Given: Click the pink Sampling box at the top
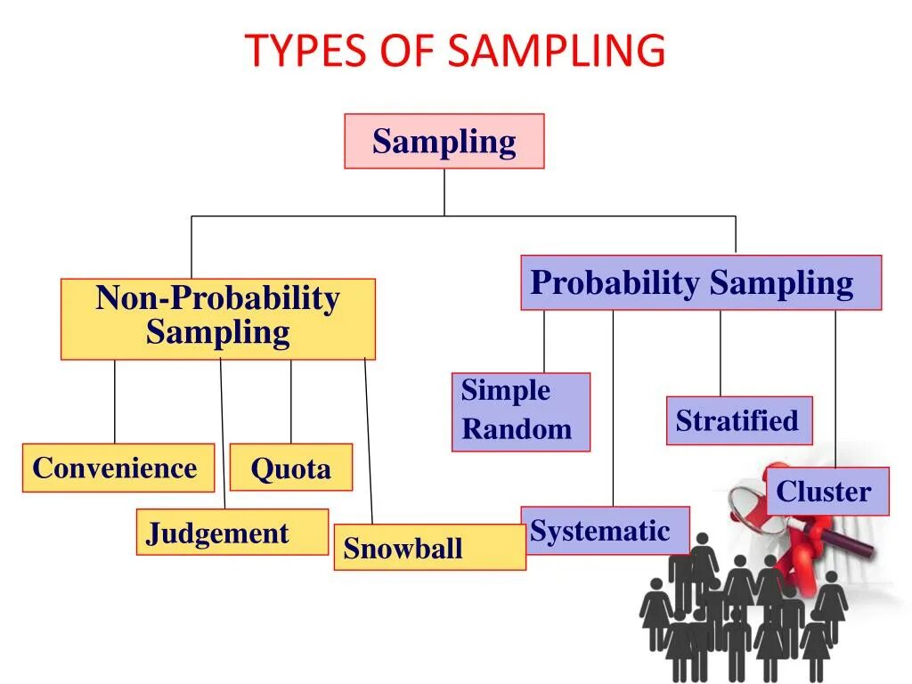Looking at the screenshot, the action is tap(444, 141).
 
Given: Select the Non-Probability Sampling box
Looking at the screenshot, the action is tap(217, 318).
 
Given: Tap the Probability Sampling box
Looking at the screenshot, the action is tap(700, 282).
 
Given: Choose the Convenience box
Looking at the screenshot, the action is tap(118, 468).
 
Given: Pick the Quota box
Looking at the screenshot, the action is tap(290, 468).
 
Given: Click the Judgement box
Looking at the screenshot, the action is tap(232, 532).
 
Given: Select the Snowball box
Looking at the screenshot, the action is tap(429, 547).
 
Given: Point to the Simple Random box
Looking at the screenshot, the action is tap(520, 411).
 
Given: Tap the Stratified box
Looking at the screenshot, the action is tap(738, 420).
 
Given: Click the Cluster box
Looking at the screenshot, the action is tap(826, 492).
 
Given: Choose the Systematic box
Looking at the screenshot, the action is tap(605, 531).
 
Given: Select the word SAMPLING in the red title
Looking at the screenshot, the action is tap(557, 51).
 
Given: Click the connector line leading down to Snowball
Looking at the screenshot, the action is tap(368, 441).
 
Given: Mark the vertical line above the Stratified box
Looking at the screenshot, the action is tap(721, 353).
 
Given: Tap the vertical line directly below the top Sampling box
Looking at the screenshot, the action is tap(444, 191).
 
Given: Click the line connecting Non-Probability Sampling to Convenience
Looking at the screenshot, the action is tap(114, 401).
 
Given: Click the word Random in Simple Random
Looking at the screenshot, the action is tap(517, 429).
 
